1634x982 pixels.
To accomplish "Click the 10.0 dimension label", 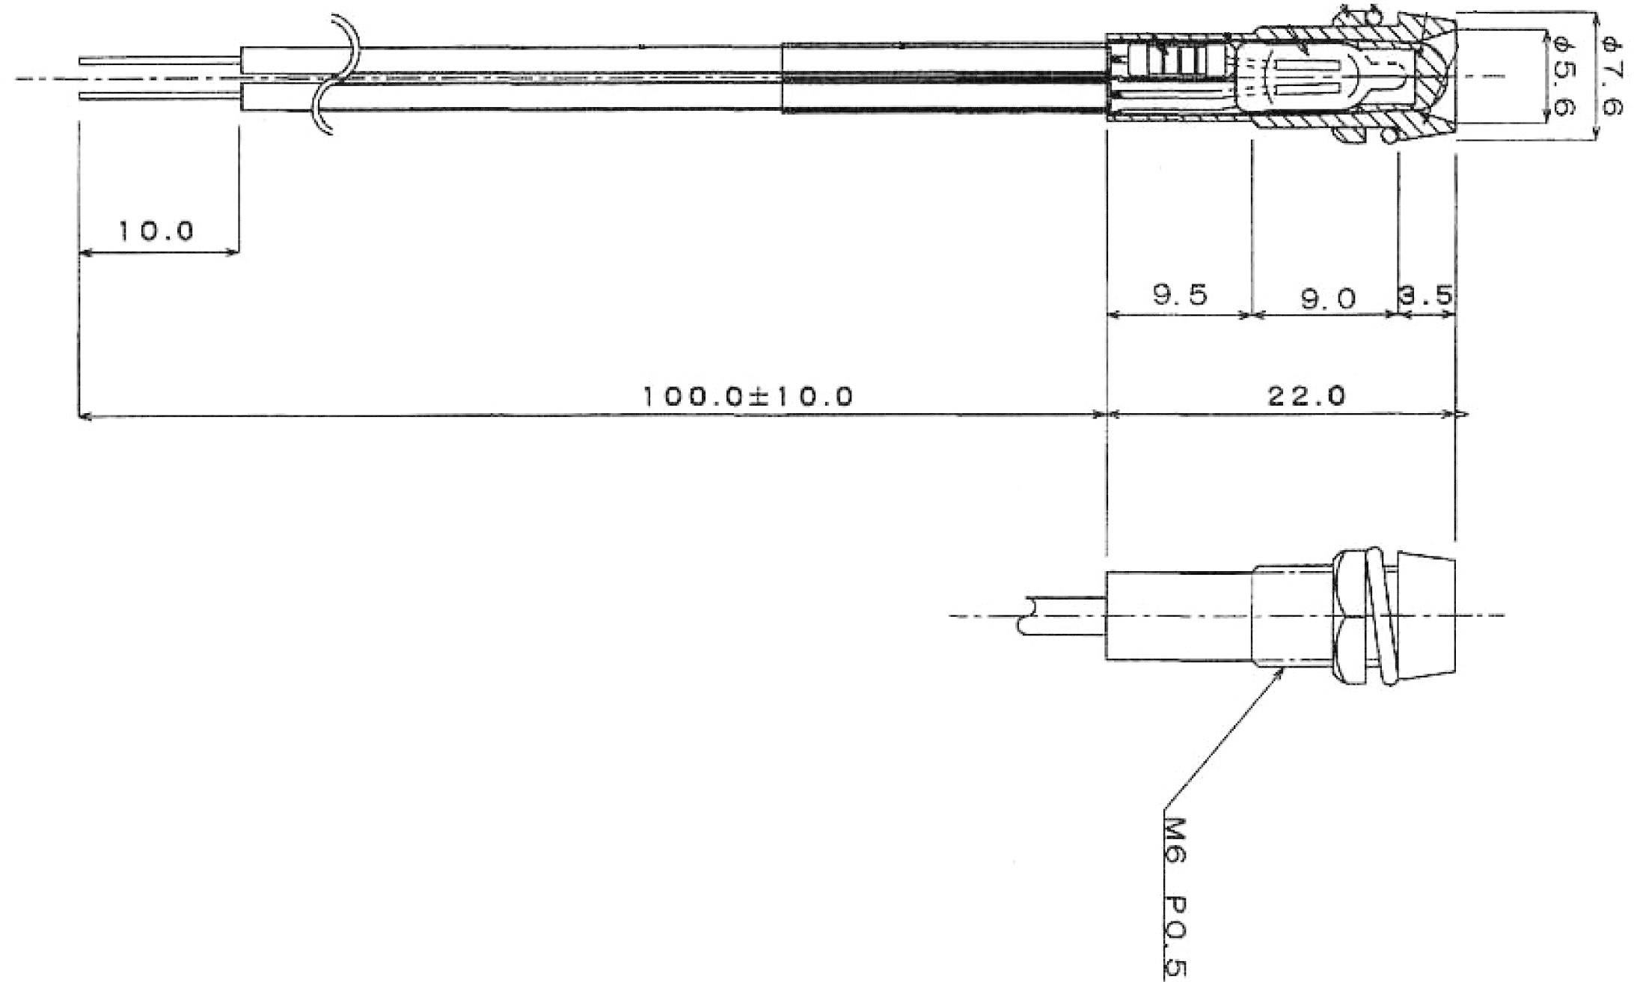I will point(156,231).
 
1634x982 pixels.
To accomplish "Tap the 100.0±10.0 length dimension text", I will point(748,395).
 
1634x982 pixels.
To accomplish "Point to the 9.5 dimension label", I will point(1181,295).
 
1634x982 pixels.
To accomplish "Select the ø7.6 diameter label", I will point(1610,76).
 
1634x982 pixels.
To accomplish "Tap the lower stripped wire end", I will point(160,96).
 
